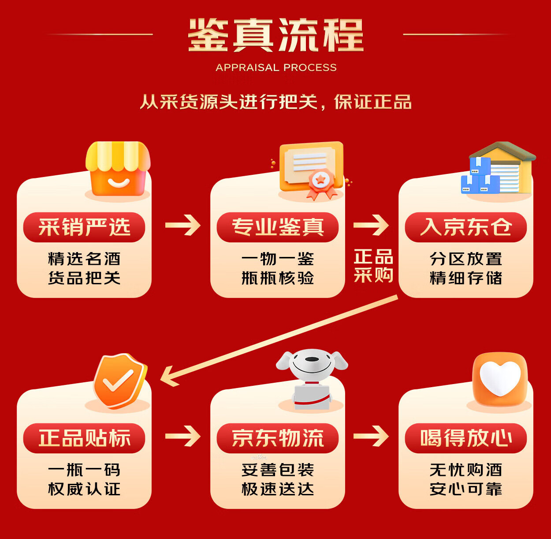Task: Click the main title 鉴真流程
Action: click(x=275, y=35)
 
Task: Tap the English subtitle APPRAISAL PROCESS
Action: click(x=276, y=68)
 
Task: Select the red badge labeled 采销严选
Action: click(x=84, y=227)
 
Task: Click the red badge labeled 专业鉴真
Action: click(x=277, y=227)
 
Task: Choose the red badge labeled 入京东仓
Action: click(x=466, y=227)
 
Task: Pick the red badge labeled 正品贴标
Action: click(x=84, y=438)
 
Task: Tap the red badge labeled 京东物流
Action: click(x=277, y=438)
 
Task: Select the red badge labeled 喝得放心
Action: click(x=466, y=438)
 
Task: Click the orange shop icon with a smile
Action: click(x=118, y=169)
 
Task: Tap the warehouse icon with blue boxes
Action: click(x=499, y=168)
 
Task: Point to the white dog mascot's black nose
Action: click(x=312, y=359)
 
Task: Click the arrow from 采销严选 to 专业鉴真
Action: click(x=183, y=225)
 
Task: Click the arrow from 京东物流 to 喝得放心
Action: click(x=371, y=436)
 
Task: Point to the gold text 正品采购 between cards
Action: click(x=373, y=266)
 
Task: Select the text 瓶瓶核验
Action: click(x=277, y=278)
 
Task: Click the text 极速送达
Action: click(x=277, y=489)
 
